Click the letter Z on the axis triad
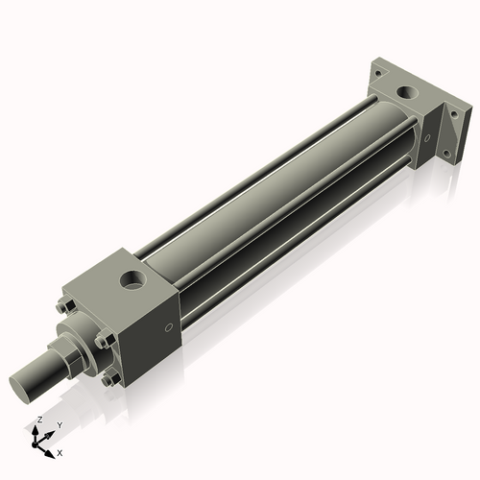(x=38, y=420)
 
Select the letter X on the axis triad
(x=60, y=451)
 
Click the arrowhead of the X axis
(x=52, y=447)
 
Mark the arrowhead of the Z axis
(x=39, y=429)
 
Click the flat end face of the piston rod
(x=26, y=385)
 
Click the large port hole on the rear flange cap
(x=411, y=96)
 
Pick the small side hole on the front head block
(x=170, y=328)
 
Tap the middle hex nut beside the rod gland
(x=102, y=343)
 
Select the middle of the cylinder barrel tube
(x=278, y=192)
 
